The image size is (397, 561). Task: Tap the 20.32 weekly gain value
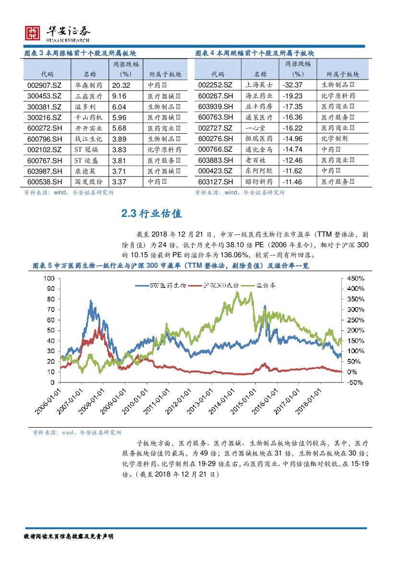[121, 85]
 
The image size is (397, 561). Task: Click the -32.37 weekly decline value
[292, 85]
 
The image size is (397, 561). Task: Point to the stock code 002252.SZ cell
[216, 85]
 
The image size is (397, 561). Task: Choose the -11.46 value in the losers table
[292, 181]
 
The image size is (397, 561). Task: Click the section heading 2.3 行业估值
[152, 214]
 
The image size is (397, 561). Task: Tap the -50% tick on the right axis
[354, 382]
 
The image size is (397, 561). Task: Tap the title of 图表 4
[255, 53]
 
